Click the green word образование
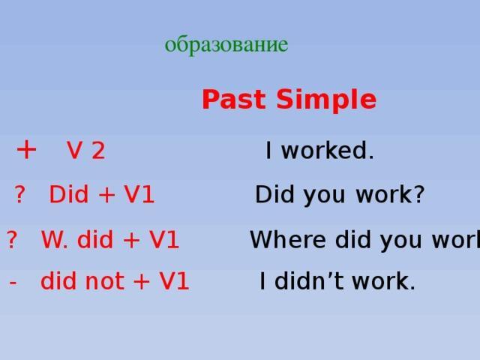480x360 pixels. click(x=226, y=45)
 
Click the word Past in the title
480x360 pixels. click(x=233, y=99)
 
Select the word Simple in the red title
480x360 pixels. click(x=326, y=100)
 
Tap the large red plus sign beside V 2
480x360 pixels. click(x=26, y=150)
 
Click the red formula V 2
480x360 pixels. click(x=86, y=151)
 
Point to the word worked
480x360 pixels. click(x=327, y=150)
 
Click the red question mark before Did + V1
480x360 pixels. click(x=19, y=194)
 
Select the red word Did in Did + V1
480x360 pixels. click(x=69, y=194)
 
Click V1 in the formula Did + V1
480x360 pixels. click(x=139, y=195)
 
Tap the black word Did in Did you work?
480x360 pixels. click(x=274, y=194)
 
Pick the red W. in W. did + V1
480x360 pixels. click(x=55, y=240)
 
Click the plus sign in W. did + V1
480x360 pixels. click(x=131, y=240)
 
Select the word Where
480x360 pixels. click(x=288, y=239)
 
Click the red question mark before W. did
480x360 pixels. click(x=12, y=239)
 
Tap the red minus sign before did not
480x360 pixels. click(x=13, y=282)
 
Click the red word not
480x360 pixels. click(x=105, y=281)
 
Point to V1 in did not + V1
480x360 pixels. click(x=174, y=281)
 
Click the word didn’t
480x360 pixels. click(x=310, y=280)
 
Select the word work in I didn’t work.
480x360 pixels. click(x=380, y=280)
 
